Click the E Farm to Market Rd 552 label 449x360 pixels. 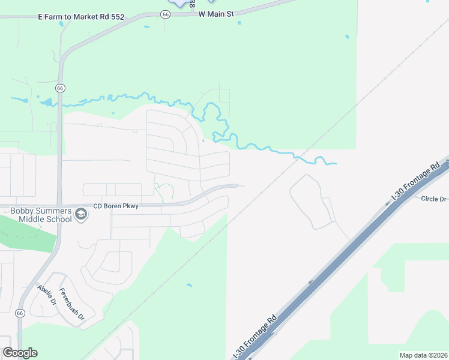80,17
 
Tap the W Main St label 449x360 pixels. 216,13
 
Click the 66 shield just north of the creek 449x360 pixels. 59,88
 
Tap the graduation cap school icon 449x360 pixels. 80,214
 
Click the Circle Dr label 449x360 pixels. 433,199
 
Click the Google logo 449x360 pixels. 20,353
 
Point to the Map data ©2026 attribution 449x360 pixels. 423,355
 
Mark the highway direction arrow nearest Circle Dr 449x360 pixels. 387,203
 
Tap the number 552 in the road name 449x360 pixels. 116,17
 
